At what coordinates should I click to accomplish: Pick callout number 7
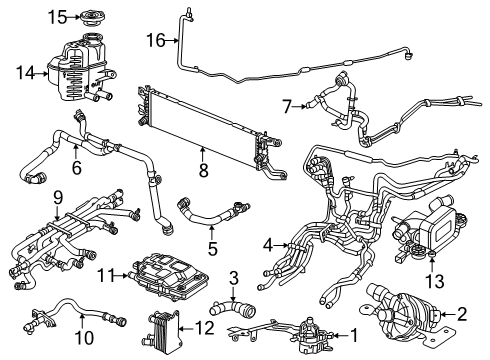287,104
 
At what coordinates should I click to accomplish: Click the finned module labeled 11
165,273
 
